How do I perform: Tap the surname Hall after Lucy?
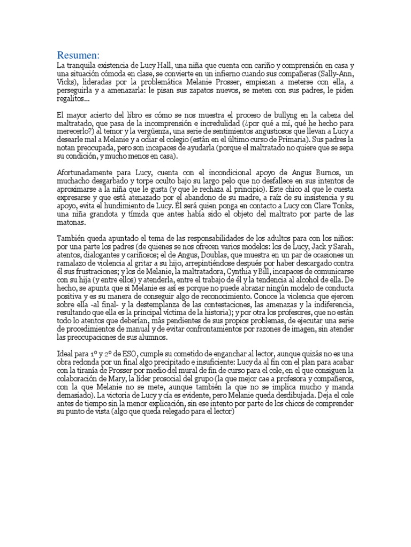click(x=150, y=65)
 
